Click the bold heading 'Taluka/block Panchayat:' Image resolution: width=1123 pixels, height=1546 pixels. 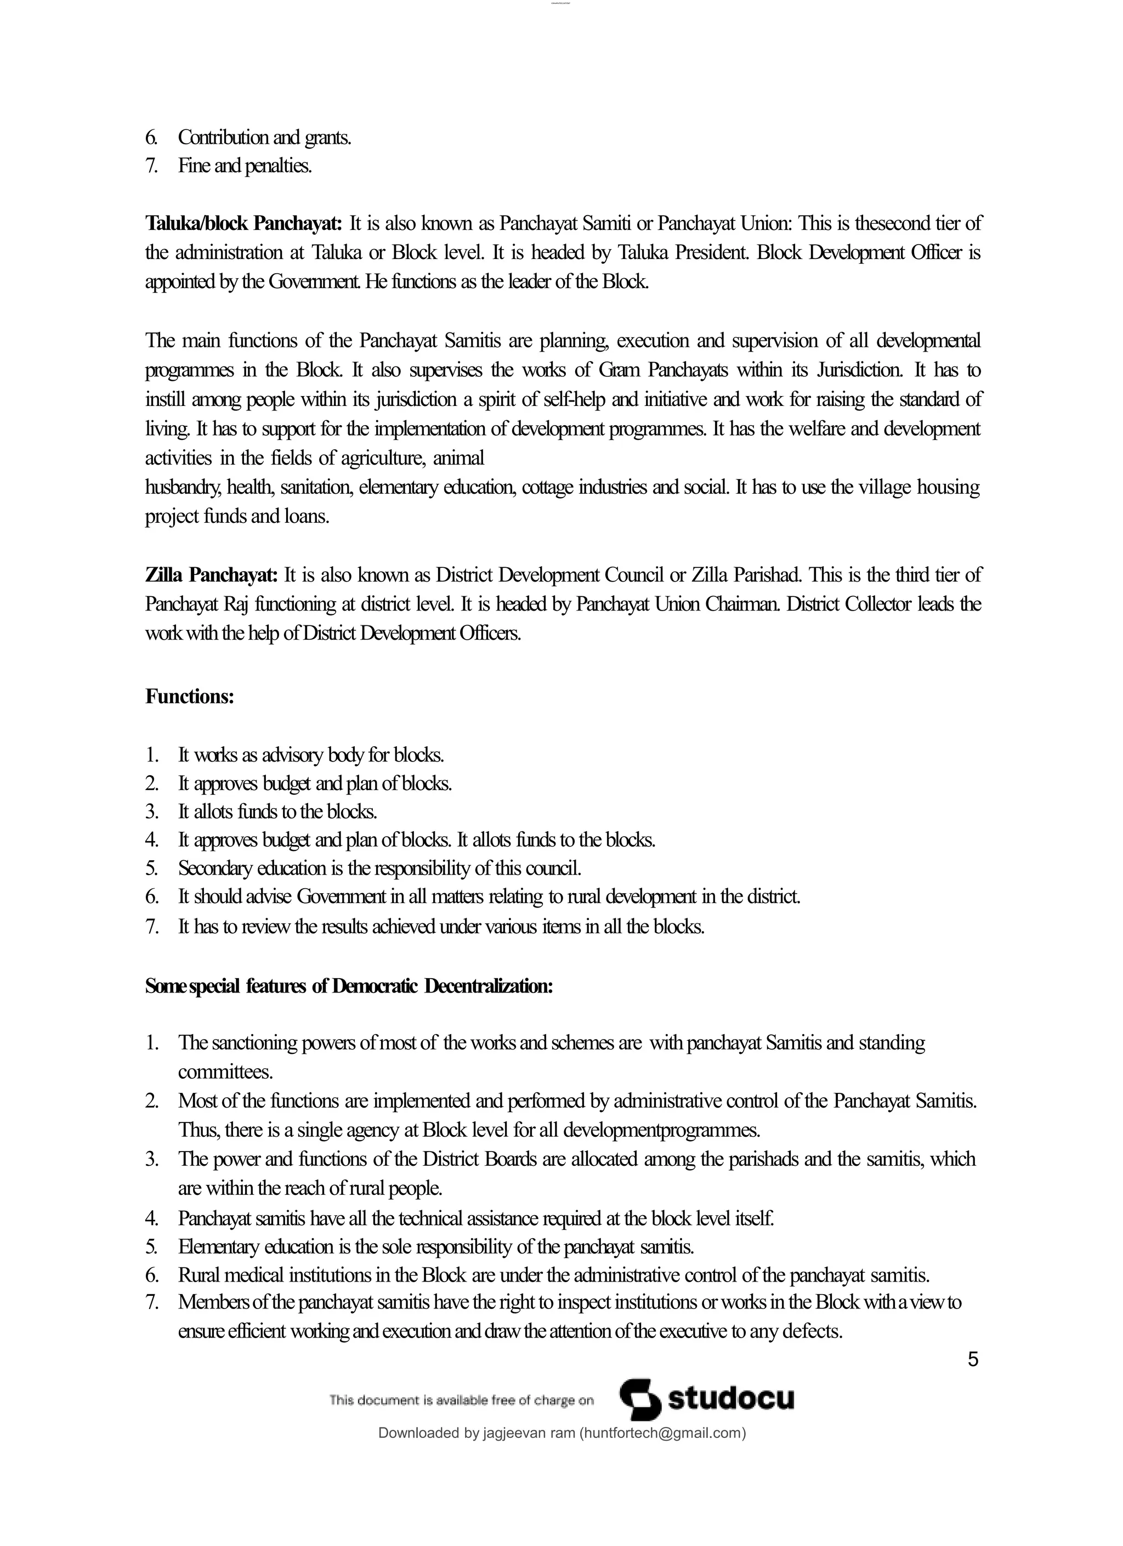pyautogui.click(x=243, y=224)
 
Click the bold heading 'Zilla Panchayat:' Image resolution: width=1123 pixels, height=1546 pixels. pyautogui.click(x=211, y=574)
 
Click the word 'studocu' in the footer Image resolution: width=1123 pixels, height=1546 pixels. pyautogui.click(x=730, y=1399)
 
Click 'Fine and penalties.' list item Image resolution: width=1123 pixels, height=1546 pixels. pyautogui.click(x=245, y=166)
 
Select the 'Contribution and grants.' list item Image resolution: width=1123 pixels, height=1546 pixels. pyautogui.click(x=264, y=138)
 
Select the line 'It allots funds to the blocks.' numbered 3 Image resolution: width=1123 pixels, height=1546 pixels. pyautogui.click(x=277, y=811)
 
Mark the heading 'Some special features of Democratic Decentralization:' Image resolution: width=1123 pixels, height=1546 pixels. pyautogui.click(x=348, y=986)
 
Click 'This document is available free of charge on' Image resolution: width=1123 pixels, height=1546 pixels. pyautogui.click(x=461, y=1400)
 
